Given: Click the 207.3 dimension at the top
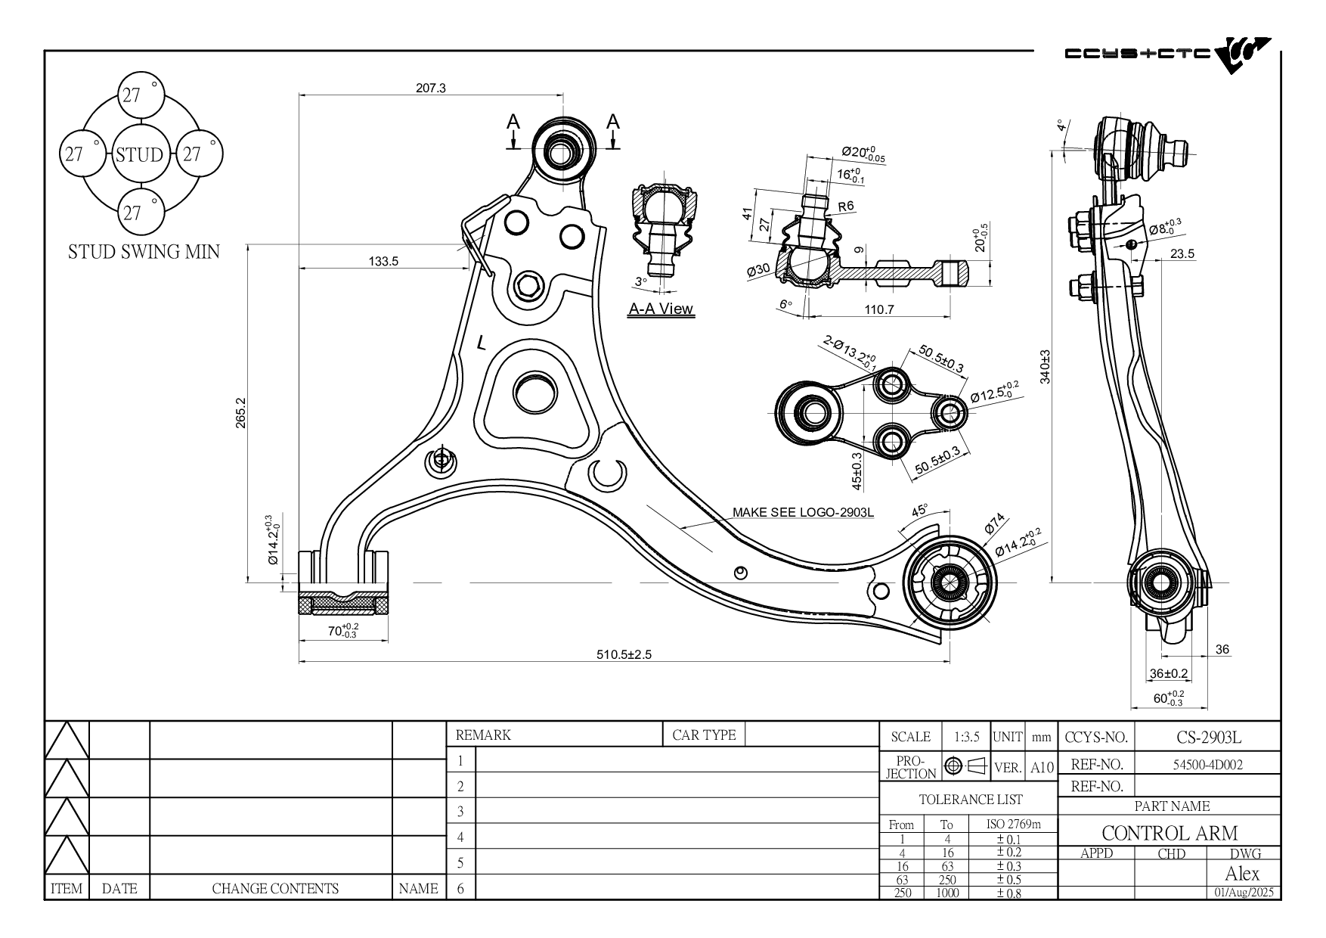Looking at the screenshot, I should [x=431, y=88].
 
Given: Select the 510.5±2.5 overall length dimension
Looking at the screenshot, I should [x=624, y=654].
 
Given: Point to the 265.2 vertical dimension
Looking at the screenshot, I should [x=241, y=412].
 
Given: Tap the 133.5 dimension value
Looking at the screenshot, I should [x=383, y=261].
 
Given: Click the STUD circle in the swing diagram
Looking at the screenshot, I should [x=140, y=154].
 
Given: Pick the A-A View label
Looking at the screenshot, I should [x=661, y=309].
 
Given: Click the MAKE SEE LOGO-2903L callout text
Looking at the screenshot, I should [x=803, y=512].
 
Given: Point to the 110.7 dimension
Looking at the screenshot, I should [x=879, y=309].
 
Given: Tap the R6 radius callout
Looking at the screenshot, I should [x=845, y=206].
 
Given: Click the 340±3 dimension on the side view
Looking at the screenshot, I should [x=1045, y=367].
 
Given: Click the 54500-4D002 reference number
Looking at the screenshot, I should [x=1207, y=765].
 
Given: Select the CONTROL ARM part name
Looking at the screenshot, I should [x=1170, y=833].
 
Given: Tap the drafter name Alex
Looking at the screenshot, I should [x=1242, y=874].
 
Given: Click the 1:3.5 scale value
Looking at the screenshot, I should [x=966, y=737].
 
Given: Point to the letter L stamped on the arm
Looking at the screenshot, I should [x=482, y=343].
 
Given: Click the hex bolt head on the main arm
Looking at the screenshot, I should [x=528, y=286].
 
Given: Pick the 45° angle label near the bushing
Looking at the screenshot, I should [x=919, y=511].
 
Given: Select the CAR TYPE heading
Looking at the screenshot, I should [x=704, y=735].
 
